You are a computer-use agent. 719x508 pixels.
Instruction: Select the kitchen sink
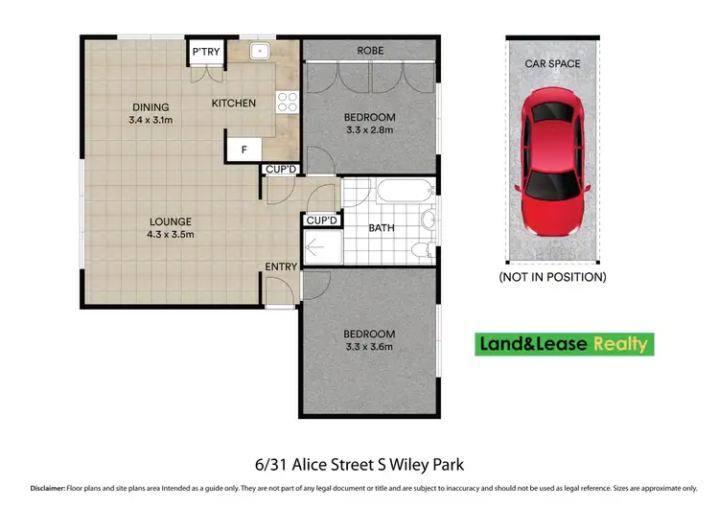pyautogui.click(x=259, y=51)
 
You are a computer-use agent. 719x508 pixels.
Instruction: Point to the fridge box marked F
pyautogui.click(x=244, y=150)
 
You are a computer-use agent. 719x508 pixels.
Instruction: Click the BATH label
pyautogui.click(x=382, y=228)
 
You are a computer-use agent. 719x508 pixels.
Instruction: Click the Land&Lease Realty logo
pyautogui.click(x=564, y=343)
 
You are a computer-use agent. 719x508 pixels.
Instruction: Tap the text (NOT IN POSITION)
pyautogui.click(x=552, y=277)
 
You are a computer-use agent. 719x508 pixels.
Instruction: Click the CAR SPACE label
pyautogui.click(x=552, y=63)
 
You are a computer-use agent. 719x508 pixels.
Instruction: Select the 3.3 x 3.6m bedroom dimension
pyautogui.click(x=369, y=347)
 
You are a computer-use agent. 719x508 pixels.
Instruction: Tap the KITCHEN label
pyautogui.click(x=233, y=103)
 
